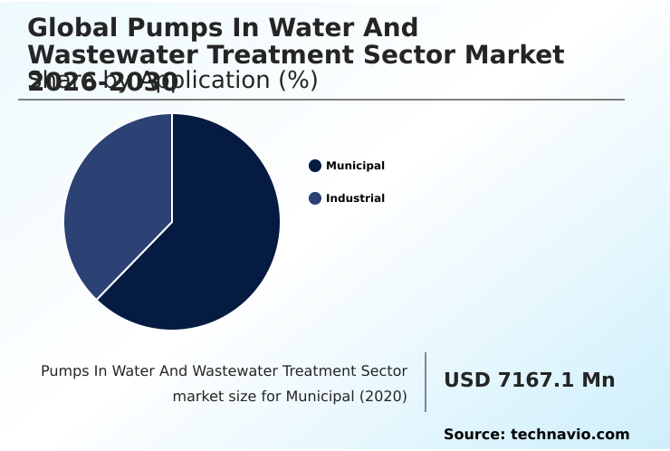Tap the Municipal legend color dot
315,166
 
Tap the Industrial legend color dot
315,198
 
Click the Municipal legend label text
355,166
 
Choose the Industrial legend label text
355,198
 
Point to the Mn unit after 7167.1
598,380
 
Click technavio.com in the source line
569,435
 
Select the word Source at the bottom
473,435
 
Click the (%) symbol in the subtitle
298,81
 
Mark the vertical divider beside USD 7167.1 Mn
426,381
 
